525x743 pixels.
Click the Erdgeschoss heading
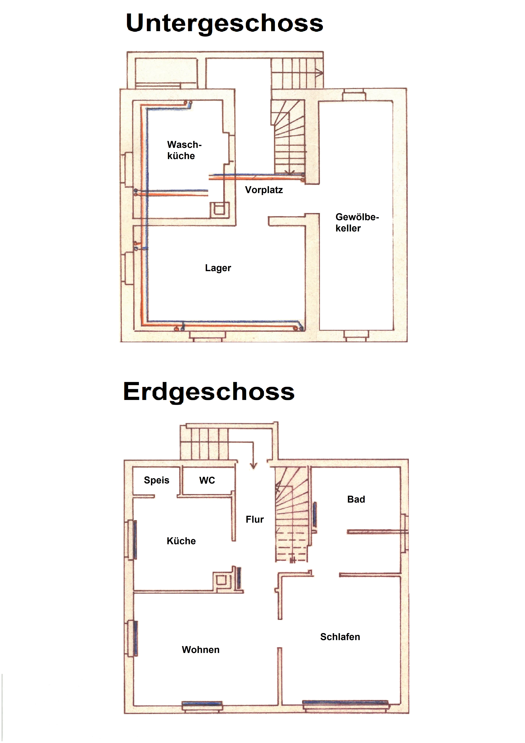click(209, 392)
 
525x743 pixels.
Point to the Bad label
click(356, 499)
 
